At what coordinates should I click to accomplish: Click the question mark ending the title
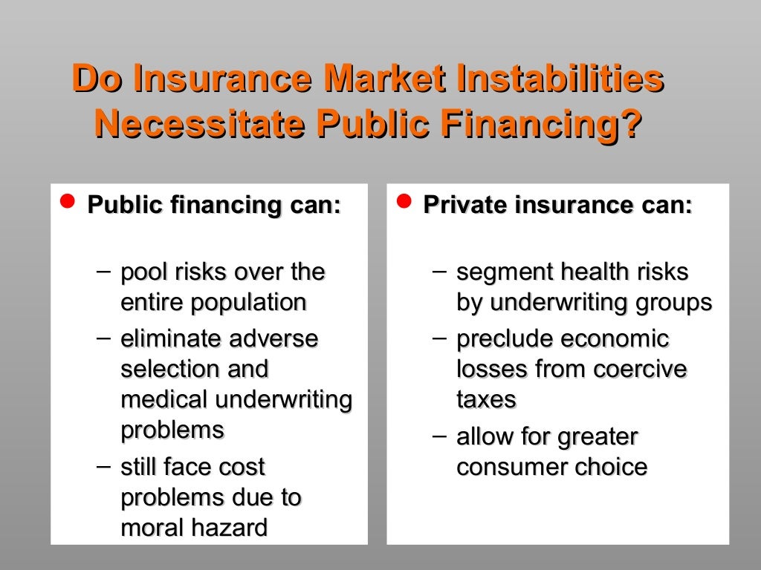coord(632,123)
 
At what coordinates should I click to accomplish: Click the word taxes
coord(486,399)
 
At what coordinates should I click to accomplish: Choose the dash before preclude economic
coord(441,338)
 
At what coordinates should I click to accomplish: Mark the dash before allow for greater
coord(441,436)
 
